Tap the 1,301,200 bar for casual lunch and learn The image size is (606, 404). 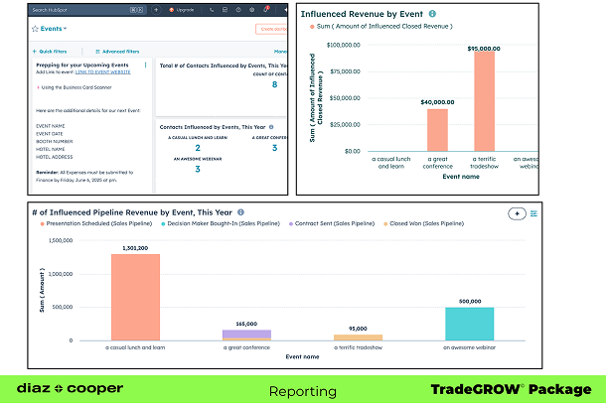[x=136, y=298]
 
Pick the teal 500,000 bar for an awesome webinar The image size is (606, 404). [x=469, y=324]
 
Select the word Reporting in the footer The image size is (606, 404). [x=302, y=390]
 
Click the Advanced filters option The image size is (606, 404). [x=120, y=51]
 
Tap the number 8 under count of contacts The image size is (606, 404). [x=274, y=84]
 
